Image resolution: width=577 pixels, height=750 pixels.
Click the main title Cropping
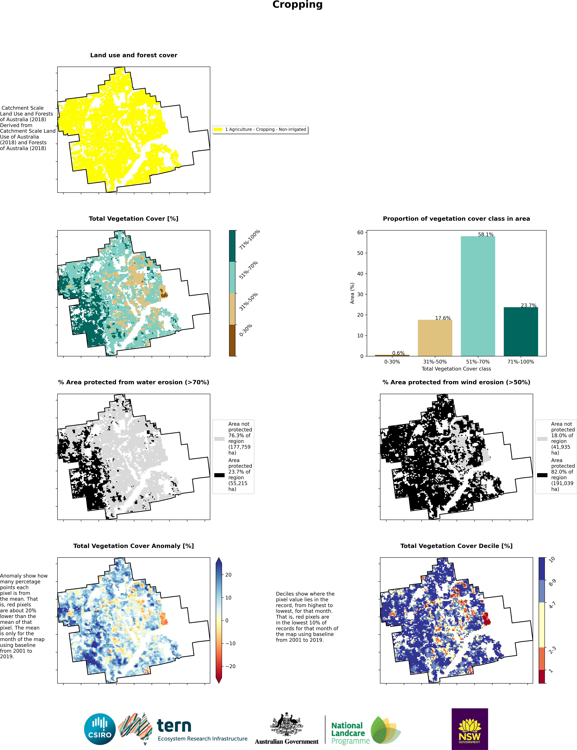click(297, 5)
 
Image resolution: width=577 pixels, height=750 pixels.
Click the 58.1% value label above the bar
click(486, 235)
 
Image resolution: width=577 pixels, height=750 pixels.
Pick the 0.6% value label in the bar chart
click(398, 353)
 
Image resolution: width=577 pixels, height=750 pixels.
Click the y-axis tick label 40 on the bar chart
click(360, 274)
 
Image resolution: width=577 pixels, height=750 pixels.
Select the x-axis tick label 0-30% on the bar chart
click(392, 362)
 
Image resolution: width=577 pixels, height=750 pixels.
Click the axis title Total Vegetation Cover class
click(456, 369)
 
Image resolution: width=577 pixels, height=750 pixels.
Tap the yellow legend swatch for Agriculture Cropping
click(218, 130)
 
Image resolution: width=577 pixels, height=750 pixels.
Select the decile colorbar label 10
click(552, 560)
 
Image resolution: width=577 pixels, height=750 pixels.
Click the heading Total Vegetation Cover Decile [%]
click(456, 546)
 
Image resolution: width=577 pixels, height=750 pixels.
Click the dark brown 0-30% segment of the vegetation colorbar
click(232, 340)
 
